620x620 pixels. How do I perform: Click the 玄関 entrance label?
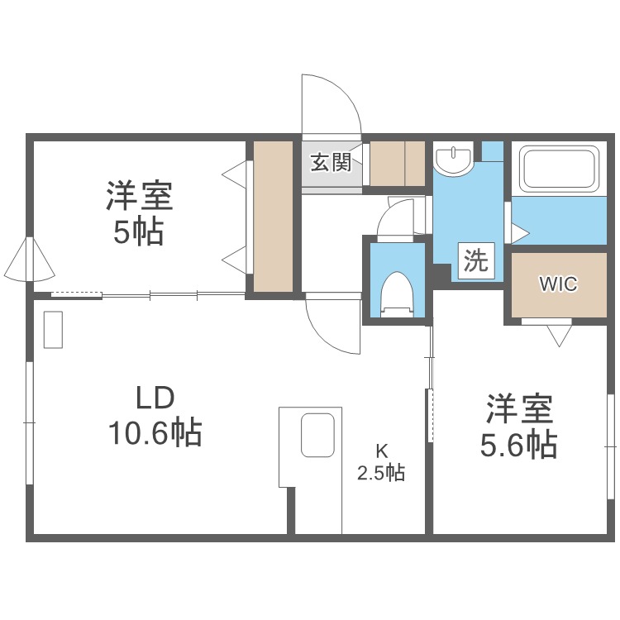click(x=331, y=162)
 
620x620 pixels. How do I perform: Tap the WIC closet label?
click(x=558, y=284)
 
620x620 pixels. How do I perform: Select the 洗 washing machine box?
click(x=476, y=260)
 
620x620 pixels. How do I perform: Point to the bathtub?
click(x=559, y=169)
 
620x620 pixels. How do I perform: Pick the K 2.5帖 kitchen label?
click(x=381, y=461)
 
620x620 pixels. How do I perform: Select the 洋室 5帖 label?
click(x=139, y=212)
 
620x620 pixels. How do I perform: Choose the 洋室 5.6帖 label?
click(x=519, y=426)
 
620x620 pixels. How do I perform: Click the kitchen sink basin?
click(x=317, y=435)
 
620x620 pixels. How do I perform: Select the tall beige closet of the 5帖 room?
click(x=273, y=217)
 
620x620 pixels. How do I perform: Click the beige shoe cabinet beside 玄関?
click(x=397, y=163)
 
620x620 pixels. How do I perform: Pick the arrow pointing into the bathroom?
click(x=520, y=232)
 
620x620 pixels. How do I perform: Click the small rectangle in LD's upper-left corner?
click(x=53, y=330)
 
